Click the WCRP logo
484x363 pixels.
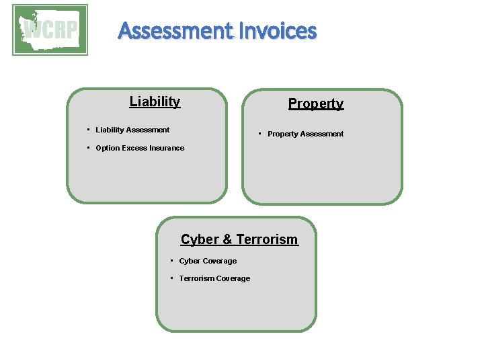[50, 30]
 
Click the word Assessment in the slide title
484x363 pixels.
[174, 31]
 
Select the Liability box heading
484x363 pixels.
[155, 102]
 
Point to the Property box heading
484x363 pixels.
[316, 104]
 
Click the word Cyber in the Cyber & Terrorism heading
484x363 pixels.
[199, 239]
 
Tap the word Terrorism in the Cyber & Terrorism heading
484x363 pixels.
[267, 239]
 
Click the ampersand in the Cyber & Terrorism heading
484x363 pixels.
[227, 239]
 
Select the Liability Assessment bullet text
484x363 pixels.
[132, 130]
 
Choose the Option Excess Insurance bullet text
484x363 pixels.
[140, 148]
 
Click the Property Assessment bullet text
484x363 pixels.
[305, 134]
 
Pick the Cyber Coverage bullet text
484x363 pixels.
[208, 261]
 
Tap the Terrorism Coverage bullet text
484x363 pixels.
[214, 278]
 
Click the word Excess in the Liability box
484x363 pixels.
[134, 148]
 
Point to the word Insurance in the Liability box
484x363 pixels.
[167, 148]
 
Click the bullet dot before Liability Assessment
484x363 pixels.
[89, 130]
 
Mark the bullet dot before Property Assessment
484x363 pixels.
[260, 134]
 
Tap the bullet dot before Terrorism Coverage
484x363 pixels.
[172, 278]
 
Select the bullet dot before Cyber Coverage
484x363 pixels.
[172, 261]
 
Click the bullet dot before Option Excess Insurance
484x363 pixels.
[89, 148]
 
